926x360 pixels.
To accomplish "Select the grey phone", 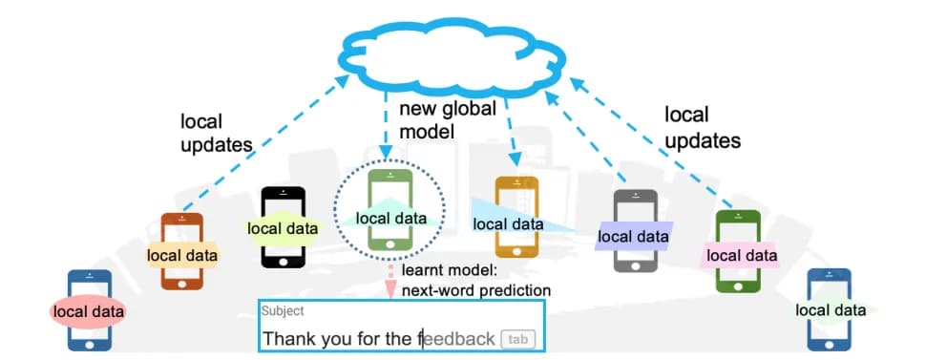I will point(635,264).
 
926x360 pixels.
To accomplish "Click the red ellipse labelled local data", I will point(89,310).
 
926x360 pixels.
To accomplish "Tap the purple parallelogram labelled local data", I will point(633,235).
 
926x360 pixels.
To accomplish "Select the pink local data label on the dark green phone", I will point(741,255).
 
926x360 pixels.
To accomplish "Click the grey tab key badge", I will point(516,339).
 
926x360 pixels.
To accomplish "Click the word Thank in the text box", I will point(289,339).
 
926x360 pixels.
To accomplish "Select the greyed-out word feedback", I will point(458,339).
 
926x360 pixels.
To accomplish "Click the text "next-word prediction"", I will point(476,290).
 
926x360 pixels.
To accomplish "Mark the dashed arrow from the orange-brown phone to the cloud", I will point(267,143).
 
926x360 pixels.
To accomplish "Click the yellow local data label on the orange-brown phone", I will point(181,255).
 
